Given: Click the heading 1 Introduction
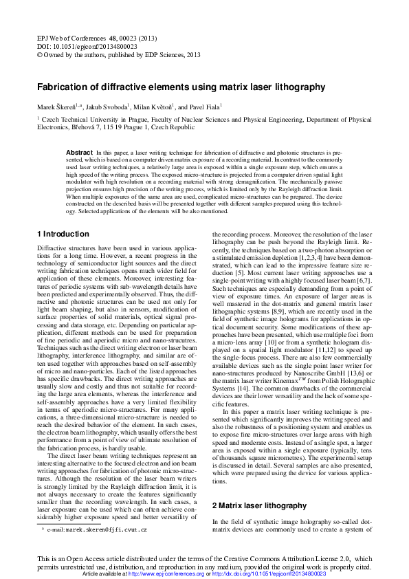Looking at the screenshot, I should point(63,234).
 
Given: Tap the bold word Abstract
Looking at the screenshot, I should point(79,152).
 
